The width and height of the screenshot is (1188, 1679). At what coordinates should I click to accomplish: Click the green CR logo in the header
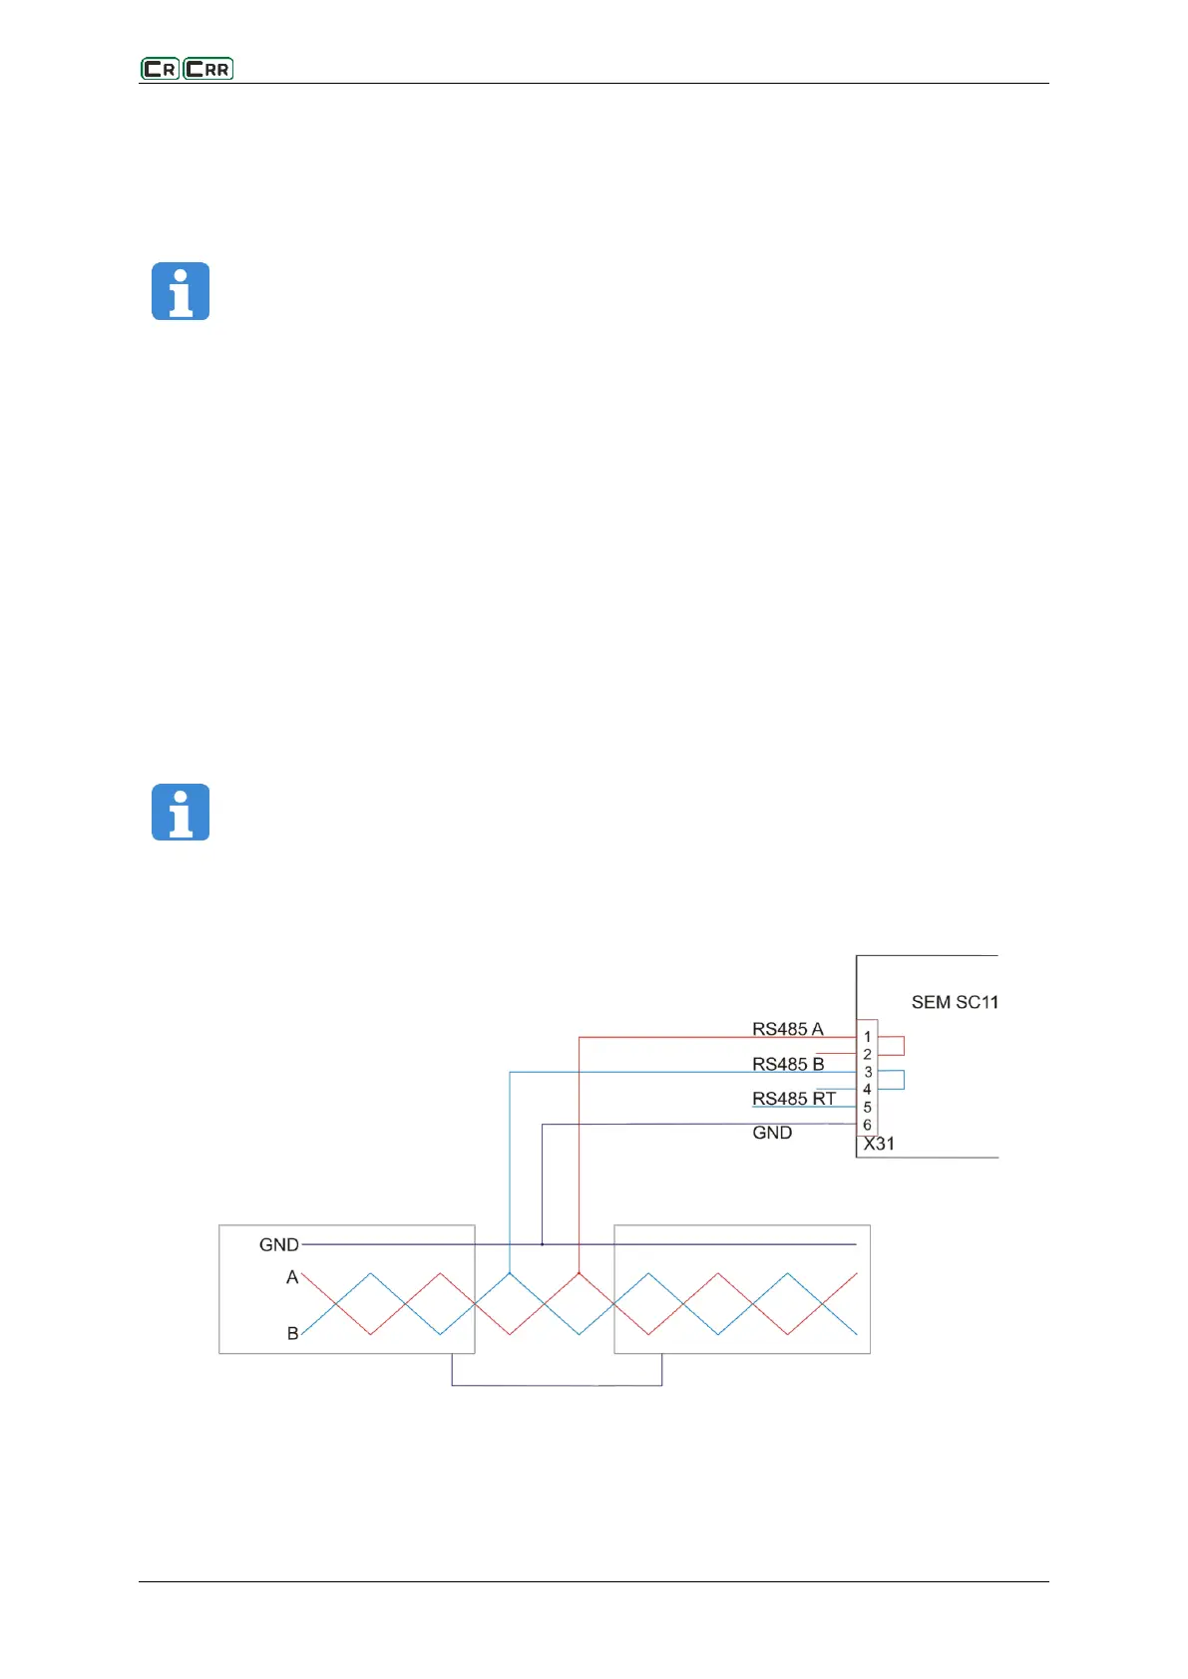coord(160,69)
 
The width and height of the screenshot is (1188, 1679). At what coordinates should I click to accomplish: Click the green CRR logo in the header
coord(208,69)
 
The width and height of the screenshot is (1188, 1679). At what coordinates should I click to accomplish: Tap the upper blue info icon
coord(181,291)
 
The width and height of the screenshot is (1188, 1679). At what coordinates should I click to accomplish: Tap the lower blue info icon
coord(181,812)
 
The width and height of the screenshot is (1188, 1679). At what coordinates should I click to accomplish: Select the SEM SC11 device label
coord(955,1002)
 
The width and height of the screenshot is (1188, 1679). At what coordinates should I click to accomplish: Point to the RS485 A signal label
coord(788,1029)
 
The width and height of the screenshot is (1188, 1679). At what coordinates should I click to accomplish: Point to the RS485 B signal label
coord(788,1064)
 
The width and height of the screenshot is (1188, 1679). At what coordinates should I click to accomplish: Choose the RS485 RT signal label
coord(794,1099)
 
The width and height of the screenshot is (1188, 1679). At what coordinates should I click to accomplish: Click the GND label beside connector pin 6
coord(772,1133)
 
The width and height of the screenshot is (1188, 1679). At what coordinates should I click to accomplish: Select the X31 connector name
coord(879,1144)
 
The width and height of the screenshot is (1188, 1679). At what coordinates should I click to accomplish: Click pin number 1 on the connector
coord(867,1037)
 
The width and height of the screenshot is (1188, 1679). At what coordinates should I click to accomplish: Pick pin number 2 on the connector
coord(867,1054)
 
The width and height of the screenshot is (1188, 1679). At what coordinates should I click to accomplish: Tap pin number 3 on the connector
coord(868,1072)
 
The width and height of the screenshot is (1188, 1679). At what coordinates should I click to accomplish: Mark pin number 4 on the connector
coord(867,1089)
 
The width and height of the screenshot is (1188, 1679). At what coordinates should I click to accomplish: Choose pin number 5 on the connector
coord(867,1107)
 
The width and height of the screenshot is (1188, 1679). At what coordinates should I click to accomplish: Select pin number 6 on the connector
coord(867,1125)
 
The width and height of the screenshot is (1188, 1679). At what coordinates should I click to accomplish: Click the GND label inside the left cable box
coord(278,1244)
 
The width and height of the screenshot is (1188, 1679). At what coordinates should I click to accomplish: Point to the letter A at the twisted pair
coord(292,1277)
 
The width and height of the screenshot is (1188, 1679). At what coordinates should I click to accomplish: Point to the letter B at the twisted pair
coord(292,1333)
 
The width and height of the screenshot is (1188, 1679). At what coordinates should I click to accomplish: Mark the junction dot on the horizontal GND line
coord(542,1244)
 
